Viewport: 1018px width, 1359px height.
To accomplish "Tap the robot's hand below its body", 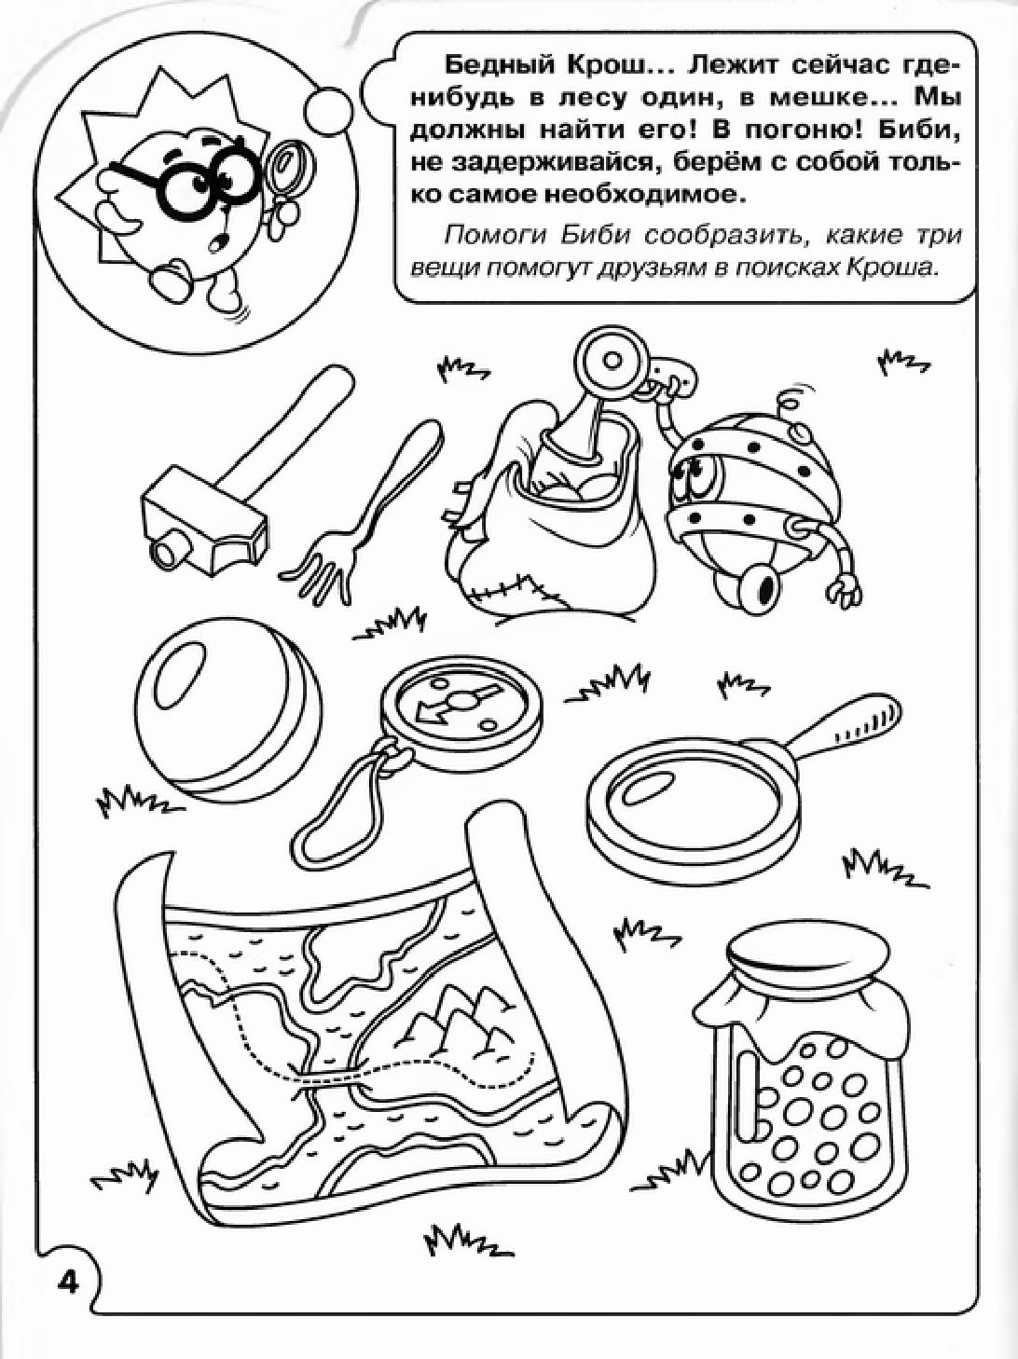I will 845,588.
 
